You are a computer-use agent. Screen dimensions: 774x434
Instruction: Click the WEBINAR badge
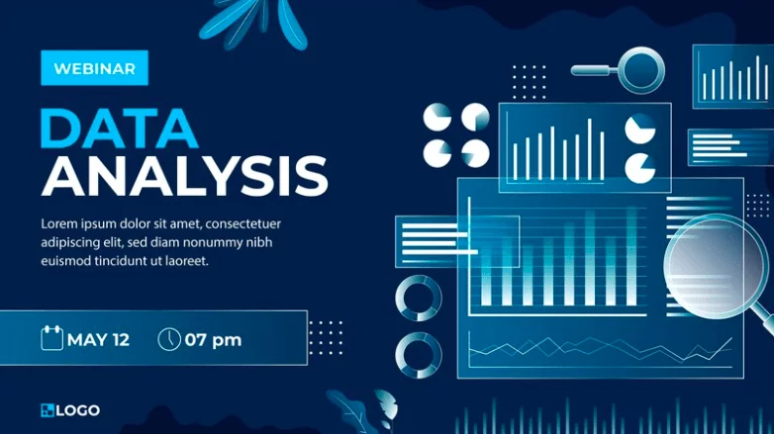[x=94, y=68]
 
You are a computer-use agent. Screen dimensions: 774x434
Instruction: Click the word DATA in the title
[x=119, y=129]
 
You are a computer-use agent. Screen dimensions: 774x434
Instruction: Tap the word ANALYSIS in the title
[x=185, y=177]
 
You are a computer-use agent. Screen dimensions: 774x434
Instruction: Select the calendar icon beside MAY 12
[x=51, y=338]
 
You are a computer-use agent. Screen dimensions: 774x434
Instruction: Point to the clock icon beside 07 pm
[x=169, y=339]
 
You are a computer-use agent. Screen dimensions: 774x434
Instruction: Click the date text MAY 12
[x=98, y=340]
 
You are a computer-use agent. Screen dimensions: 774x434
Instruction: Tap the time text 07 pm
[x=213, y=340]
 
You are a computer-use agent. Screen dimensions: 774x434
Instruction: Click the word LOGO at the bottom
[x=78, y=410]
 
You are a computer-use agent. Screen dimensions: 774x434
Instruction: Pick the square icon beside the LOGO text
[x=48, y=410]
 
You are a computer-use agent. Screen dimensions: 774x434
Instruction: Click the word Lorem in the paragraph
[x=59, y=223]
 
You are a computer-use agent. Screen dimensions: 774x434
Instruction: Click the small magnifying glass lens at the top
[x=641, y=70]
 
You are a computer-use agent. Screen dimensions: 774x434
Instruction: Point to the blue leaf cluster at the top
[x=251, y=22]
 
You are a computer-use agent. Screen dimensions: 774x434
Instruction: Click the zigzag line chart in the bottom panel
[x=600, y=348]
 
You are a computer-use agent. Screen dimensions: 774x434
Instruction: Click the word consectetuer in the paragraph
[x=242, y=223]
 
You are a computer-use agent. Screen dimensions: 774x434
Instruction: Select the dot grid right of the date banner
[x=326, y=338]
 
